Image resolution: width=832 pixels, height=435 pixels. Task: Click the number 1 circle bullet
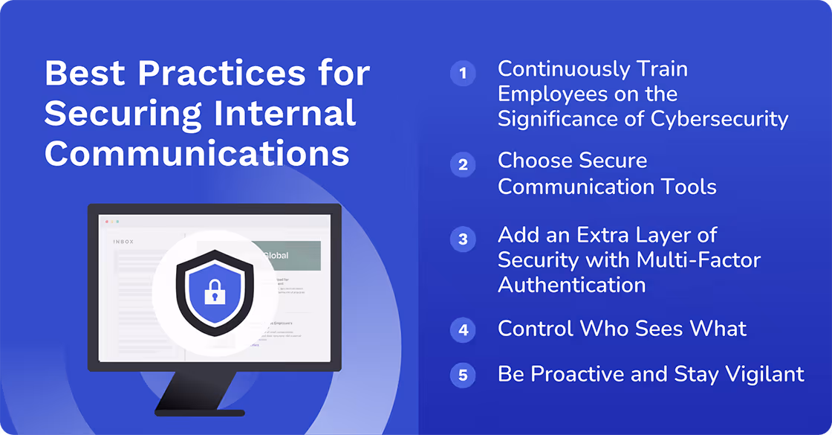point(463,73)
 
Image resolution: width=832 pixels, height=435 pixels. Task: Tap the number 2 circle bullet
point(463,164)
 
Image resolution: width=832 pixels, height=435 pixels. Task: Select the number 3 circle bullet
point(463,239)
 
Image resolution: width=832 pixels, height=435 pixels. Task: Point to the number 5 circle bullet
point(463,376)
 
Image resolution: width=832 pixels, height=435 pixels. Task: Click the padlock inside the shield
point(214,291)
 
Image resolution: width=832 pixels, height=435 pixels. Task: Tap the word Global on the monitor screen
point(274,256)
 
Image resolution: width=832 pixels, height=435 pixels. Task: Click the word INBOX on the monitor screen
point(123,242)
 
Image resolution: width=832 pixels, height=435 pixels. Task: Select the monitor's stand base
point(199,411)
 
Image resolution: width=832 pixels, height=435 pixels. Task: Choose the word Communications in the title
point(197,153)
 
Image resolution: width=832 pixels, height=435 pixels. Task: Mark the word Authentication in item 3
point(571,285)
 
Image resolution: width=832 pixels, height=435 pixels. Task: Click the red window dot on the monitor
point(106,222)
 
